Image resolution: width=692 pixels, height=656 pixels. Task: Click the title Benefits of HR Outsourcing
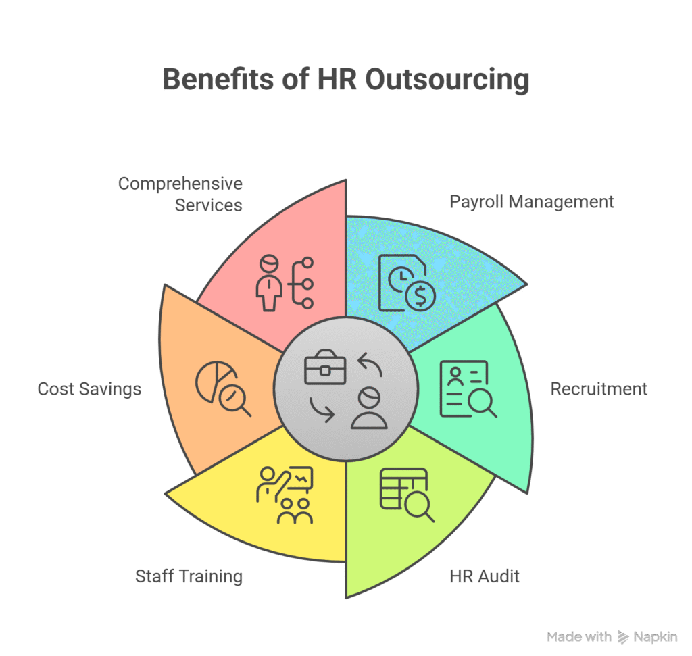pos(346,80)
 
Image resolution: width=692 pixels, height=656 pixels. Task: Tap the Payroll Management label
pos(531,202)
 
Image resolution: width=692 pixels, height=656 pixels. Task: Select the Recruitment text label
pos(599,389)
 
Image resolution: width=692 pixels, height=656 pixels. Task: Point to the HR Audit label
pos(485,576)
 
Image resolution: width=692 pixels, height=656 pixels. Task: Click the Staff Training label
pos(189,576)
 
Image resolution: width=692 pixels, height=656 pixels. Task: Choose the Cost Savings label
pos(90,389)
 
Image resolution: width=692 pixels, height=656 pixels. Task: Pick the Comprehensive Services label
pos(180,194)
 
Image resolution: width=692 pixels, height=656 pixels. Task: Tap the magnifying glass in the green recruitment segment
pos(483,403)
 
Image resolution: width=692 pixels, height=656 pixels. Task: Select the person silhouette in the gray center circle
pos(369,408)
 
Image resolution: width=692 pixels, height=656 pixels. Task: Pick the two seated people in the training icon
pos(295,511)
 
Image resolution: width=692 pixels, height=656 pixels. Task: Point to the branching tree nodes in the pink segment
pos(301,282)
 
